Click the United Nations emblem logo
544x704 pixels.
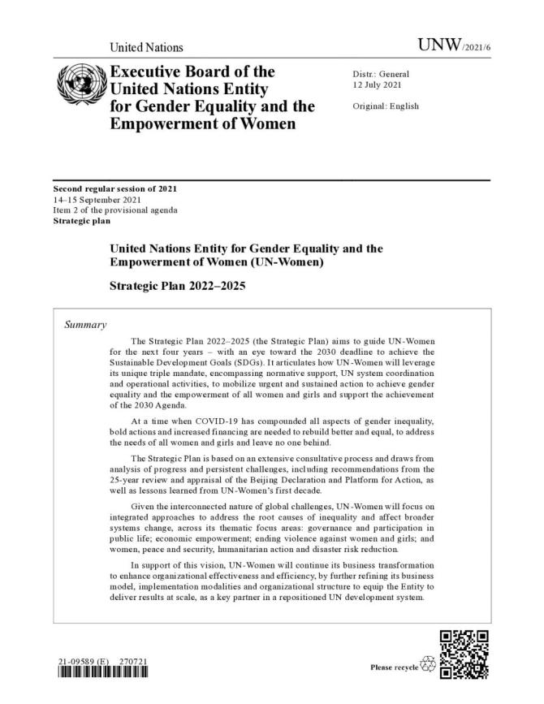(79, 86)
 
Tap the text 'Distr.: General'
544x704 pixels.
(381, 74)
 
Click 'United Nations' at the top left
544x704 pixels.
(146, 48)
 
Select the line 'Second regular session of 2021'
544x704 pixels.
(115, 189)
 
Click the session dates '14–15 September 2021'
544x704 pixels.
(94, 200)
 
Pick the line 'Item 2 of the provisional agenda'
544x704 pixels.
(115, 210)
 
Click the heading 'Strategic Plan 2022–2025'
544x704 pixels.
(177, 287)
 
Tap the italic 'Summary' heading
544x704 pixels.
(85, 325)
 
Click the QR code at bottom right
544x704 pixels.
(464, 654)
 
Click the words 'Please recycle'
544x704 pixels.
(393, 667)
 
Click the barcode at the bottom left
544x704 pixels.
(102, 674)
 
